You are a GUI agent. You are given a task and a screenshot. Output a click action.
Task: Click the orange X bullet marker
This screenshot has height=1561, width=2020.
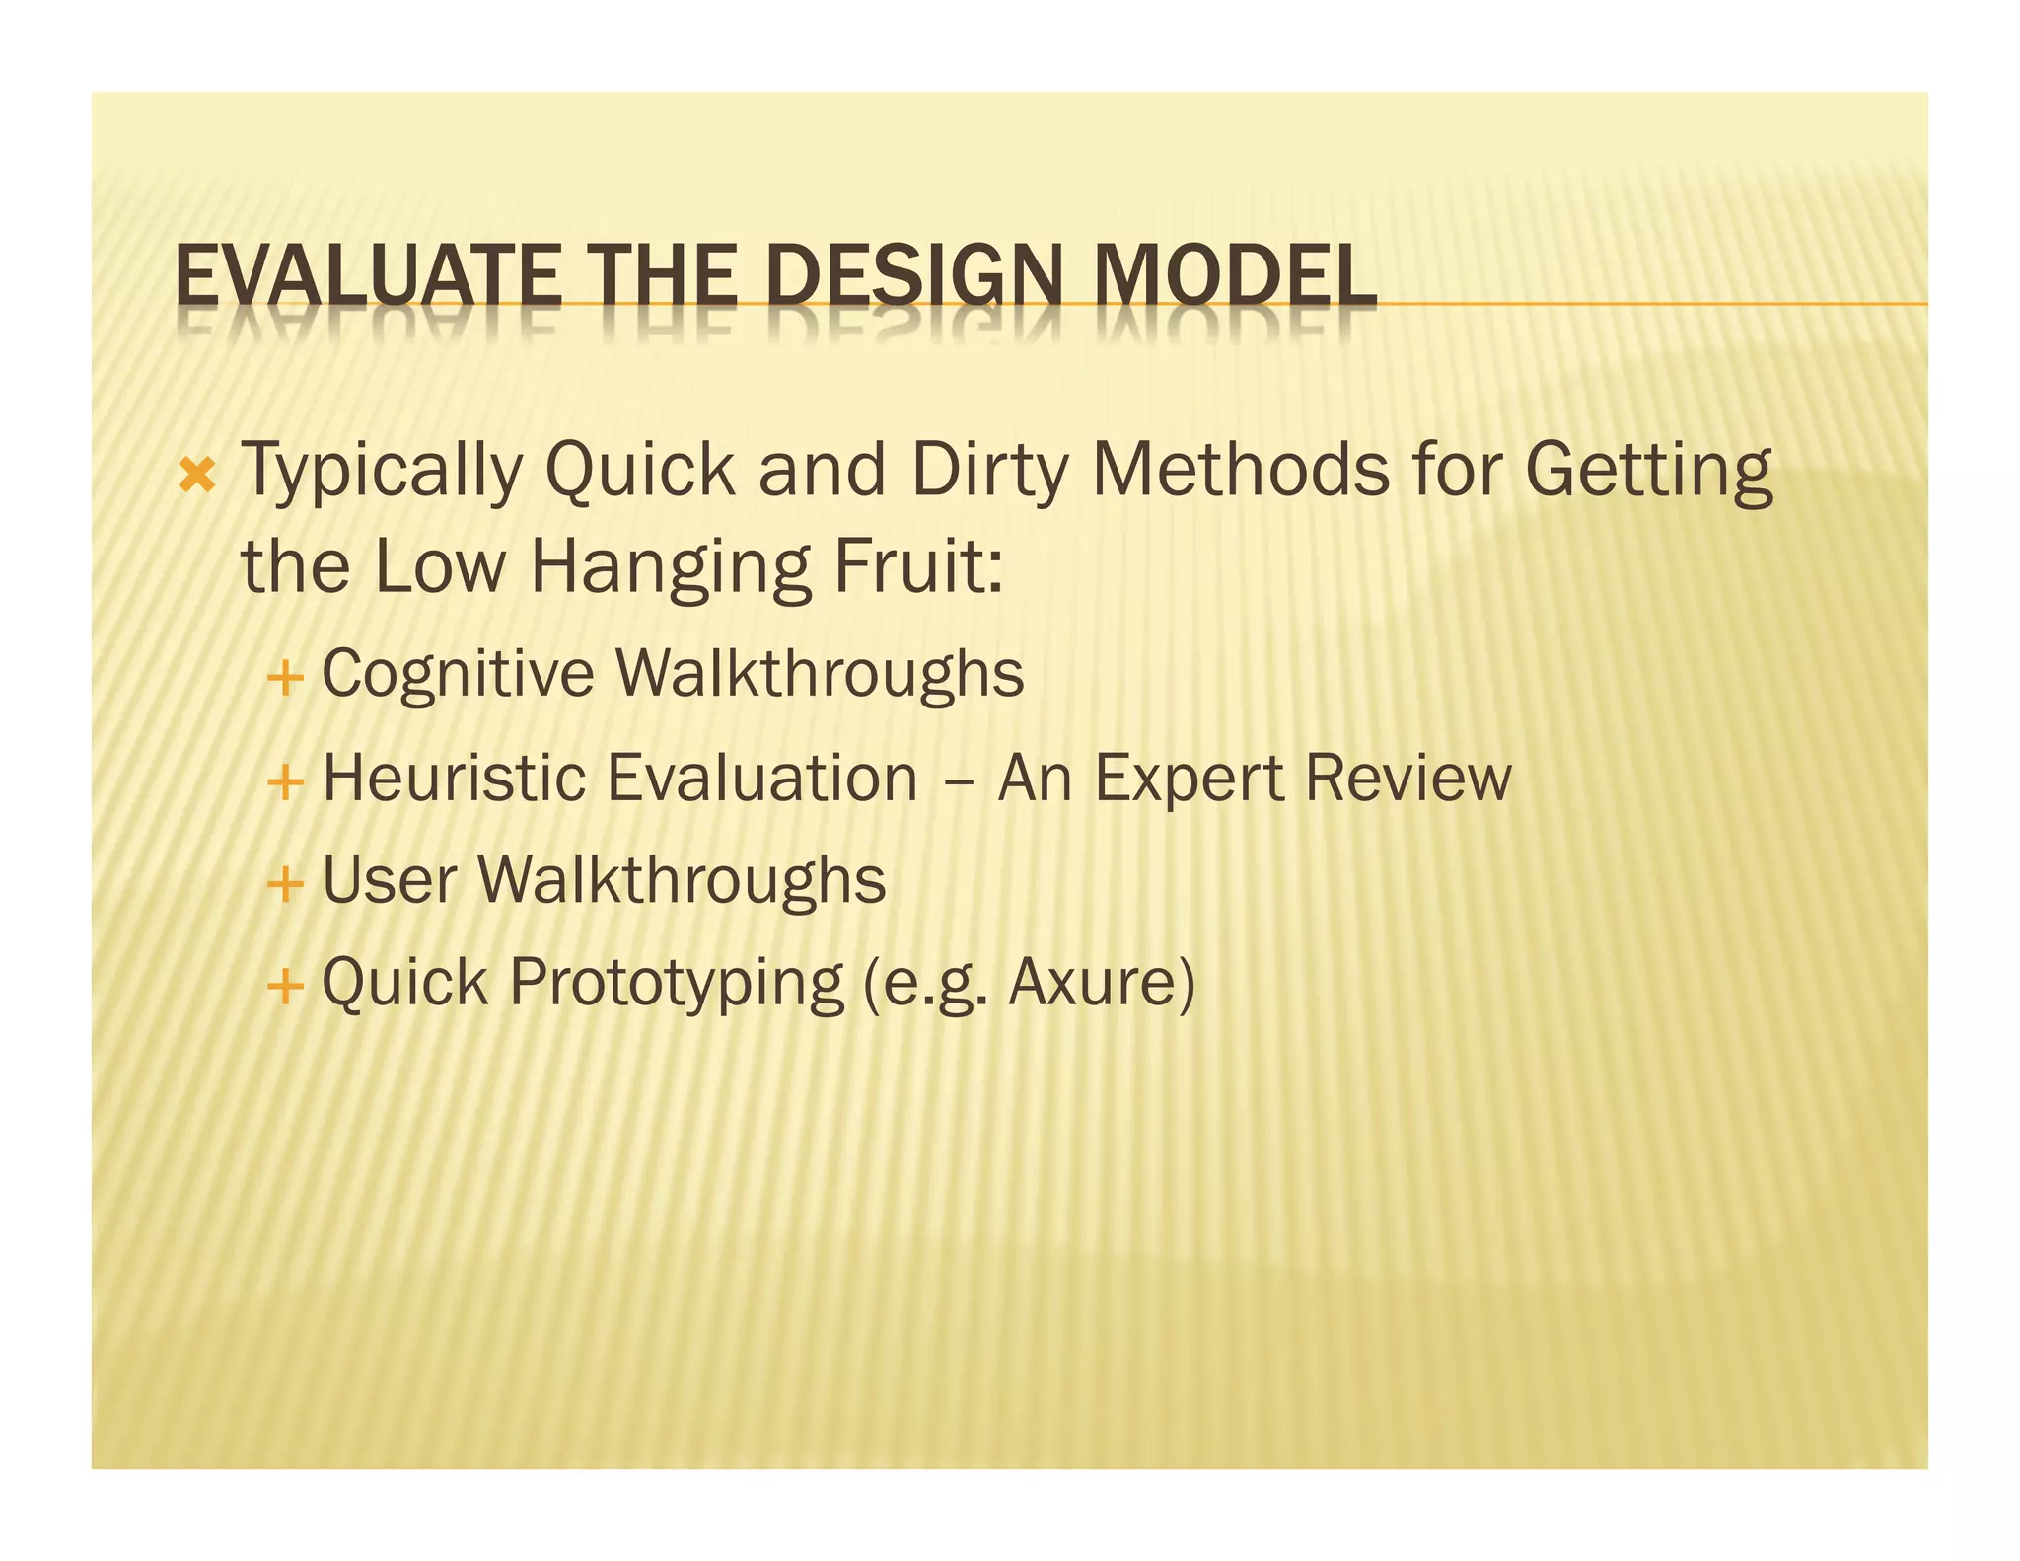pos(198,477)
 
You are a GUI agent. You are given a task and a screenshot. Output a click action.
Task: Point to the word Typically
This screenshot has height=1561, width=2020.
pos(381,473)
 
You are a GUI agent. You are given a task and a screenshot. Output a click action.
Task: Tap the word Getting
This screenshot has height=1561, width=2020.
pos(1648,473)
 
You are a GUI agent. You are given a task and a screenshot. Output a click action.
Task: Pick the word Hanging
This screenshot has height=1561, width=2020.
pos(671,570)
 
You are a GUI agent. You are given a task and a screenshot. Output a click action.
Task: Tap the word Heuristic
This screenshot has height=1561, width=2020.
pos(454,778)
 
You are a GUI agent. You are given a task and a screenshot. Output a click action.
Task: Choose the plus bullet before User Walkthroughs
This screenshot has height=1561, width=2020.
pos(284,883)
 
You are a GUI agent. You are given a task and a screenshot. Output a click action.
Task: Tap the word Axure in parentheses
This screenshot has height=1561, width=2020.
pos(1093,983)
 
